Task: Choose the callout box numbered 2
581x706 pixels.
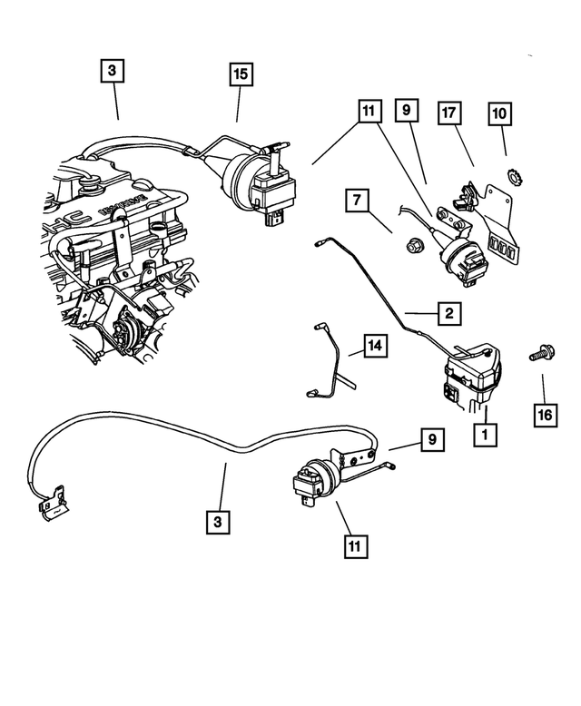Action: (448, 314)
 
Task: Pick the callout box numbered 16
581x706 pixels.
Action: (544, 414)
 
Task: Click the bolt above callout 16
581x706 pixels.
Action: (537, 355)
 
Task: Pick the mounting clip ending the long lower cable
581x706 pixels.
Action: (50, 501)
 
